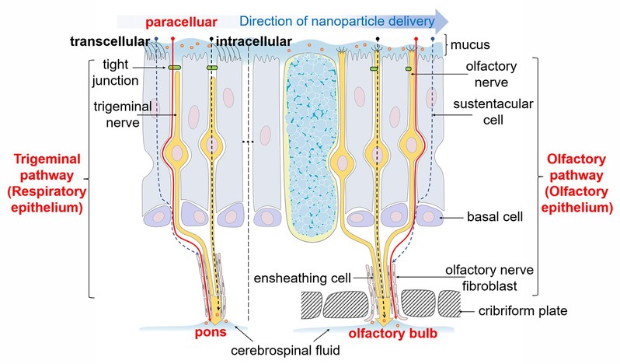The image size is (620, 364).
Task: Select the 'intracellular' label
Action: click(255, 40)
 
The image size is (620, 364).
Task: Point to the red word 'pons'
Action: click(210, 332)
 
